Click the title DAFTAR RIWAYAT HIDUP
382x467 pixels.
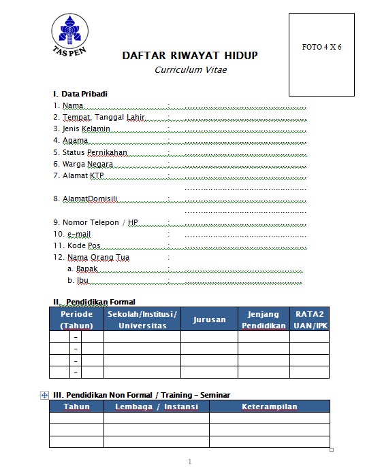click(190, 56)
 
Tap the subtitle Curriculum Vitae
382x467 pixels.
click(191, 69)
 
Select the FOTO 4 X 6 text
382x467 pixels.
click(321, 47)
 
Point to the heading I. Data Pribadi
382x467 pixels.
click(80, 94)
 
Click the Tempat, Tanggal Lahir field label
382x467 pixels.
click(99, 118)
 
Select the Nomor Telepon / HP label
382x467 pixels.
click(95, 222)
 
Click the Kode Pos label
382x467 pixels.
click(77, 245)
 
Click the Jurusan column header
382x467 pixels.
click(209, 319)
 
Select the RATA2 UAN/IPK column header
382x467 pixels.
click(309, 319)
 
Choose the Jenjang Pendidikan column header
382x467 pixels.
click(264, 319)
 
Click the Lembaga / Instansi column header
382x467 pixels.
click(157, 407)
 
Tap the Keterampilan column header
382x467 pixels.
click(270, 407)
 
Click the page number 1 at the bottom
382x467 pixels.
click(189, 462)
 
